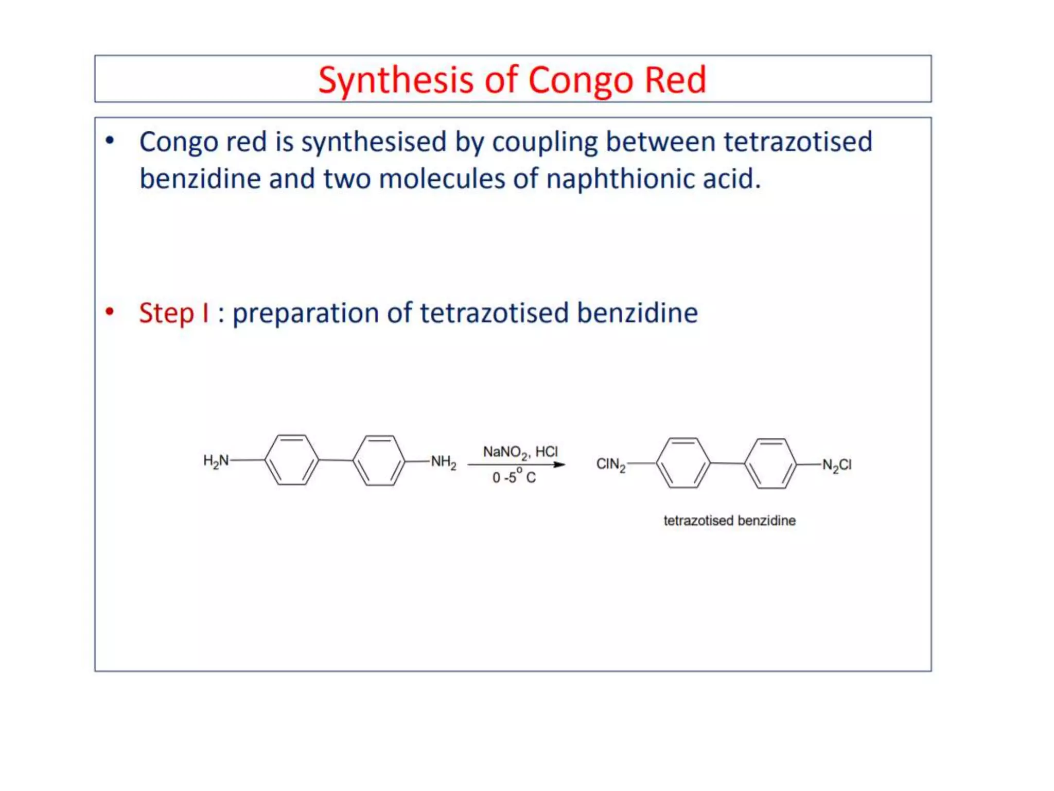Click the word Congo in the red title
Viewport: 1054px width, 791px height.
(580, 80)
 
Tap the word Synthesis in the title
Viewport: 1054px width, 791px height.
(395, 80)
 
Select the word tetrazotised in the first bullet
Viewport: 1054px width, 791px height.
(798, 142)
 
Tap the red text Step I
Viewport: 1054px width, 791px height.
(174, 313)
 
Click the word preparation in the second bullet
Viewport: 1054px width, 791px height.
(306, 313)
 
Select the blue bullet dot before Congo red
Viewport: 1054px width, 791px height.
(110, 140)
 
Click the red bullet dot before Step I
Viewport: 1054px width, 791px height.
(110, 311)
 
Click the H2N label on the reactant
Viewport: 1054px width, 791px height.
(216, 460)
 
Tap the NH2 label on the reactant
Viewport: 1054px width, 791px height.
(443, 461)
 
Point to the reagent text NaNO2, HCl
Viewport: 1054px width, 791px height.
(520, 452)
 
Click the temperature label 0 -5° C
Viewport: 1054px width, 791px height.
(514, 477)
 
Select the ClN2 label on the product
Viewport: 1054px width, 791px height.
(610, 465)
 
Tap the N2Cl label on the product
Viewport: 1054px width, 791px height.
(836, 466)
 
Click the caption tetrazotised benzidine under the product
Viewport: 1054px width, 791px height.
(729, 521)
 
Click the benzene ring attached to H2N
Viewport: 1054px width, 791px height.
(291, 460)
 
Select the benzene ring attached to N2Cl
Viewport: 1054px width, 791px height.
(770, 463)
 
